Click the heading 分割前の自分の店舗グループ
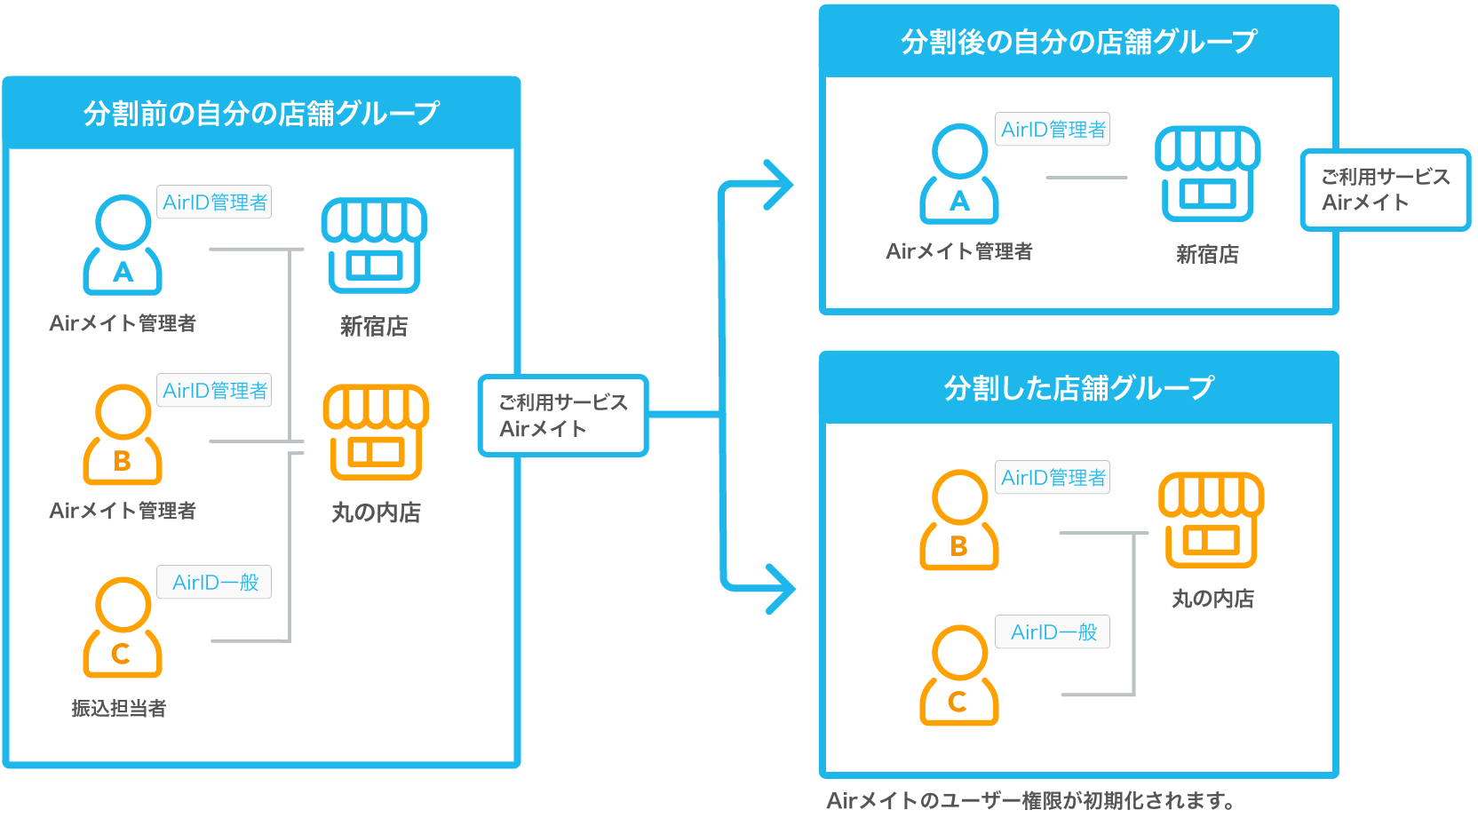coord(261,113)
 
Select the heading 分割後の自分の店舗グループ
coord(1078,42)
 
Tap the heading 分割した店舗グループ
coord(1078,388)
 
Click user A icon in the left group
coord(123,245)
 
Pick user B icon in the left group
coord(123,434)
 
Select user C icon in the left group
coord(123,627)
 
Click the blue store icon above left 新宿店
coord(374,245)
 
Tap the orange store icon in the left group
coord(376,433)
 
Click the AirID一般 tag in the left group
coord(215,583)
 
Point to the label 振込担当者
coord(119,708)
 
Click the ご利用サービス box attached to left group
coord(563,416)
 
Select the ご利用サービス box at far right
coord(1385,190)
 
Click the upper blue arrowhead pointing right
coord(778,185)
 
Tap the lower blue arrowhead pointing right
coord(780,588)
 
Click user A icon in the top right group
coord(959,174)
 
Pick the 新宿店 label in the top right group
coord(1207,255)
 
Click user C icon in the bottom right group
coord(959,675)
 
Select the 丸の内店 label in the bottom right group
coord(1212,599)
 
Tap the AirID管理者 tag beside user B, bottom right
coord(1053,478)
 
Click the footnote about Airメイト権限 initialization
coord(1030,801)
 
